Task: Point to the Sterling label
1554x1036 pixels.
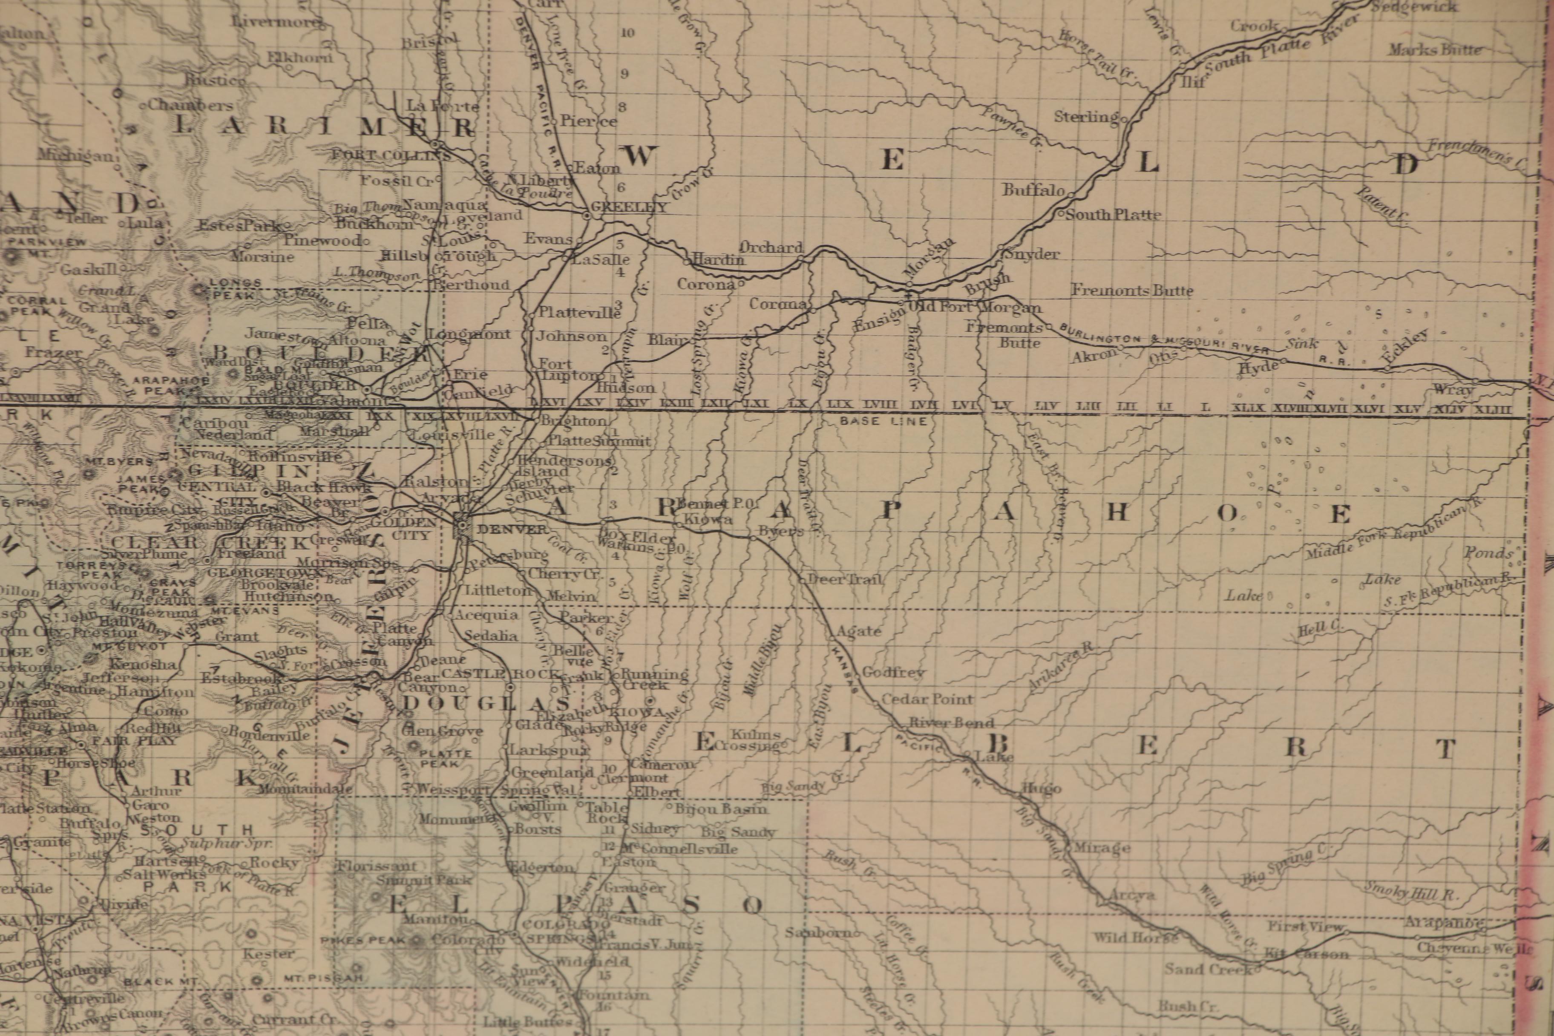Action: pos(1085,118)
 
